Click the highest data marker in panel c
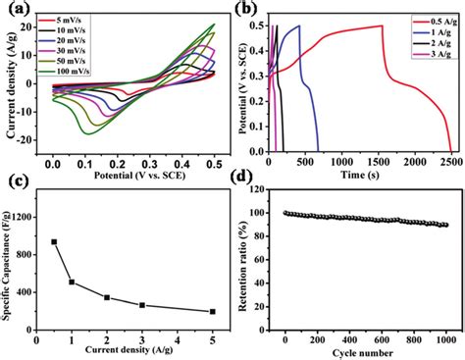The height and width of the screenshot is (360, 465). tap(54, 241)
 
